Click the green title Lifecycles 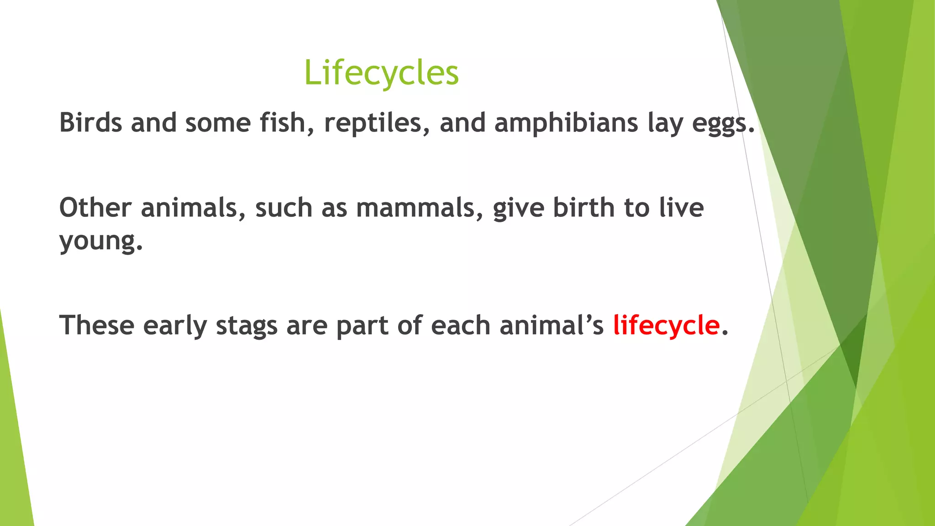click(x=381, y=73)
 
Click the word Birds click(x=91, y=123)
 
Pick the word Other click(x=95, y=208)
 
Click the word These click(x=97, y=326)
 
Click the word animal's click(x=552, y=326)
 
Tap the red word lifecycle click(x=666, y=326)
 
